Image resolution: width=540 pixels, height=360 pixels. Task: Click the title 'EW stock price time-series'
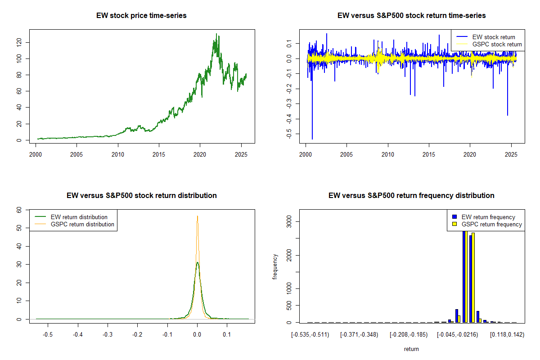pyautogui.click(x=141, y=16)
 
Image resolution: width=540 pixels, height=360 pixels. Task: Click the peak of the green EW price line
pyautogui.click(x=216, y=34)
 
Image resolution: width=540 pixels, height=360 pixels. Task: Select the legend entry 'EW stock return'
pyautogui.click(x=494, y=37)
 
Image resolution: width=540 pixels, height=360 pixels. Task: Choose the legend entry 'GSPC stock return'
pyautogui.click(x=497, y=45)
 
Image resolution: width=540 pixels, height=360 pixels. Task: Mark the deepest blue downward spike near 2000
pyautogui.click(x=312, y=139)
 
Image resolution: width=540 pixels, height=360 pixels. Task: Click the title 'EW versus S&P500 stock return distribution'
pyautogui.click(x=141, y=196)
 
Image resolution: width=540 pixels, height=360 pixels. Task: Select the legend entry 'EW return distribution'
pyautogui.click(x=79, y=217)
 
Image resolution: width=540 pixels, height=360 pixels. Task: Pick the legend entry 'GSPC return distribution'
pyautogui.click(x=82, y=224)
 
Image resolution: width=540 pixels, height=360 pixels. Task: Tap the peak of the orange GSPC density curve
pyautogui.click(x=197, y=216)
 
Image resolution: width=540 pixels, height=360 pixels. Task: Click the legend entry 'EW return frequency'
pyautogui.click(x=488, y=217)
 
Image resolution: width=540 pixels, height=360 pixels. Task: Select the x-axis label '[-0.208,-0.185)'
pyautogui.click(x=408, y=335)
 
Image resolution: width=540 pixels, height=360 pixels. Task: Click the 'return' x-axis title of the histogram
pyautogui.click(x=411, y=349)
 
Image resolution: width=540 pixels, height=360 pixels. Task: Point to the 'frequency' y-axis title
pyautogui.click(x=275, y=266)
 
